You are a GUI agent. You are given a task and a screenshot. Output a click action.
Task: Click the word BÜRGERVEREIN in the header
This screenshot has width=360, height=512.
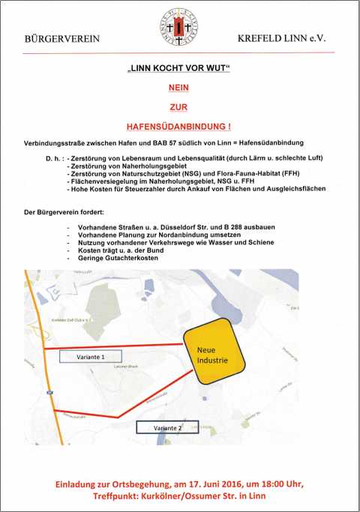[x=61, y=37]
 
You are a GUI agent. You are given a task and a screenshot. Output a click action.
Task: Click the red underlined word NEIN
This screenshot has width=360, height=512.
[x=179, y=88]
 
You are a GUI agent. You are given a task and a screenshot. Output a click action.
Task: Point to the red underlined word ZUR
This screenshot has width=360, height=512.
[x=179, y=108]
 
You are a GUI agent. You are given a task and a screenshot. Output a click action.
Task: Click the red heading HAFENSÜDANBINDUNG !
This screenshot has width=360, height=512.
[x=179, y=128]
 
